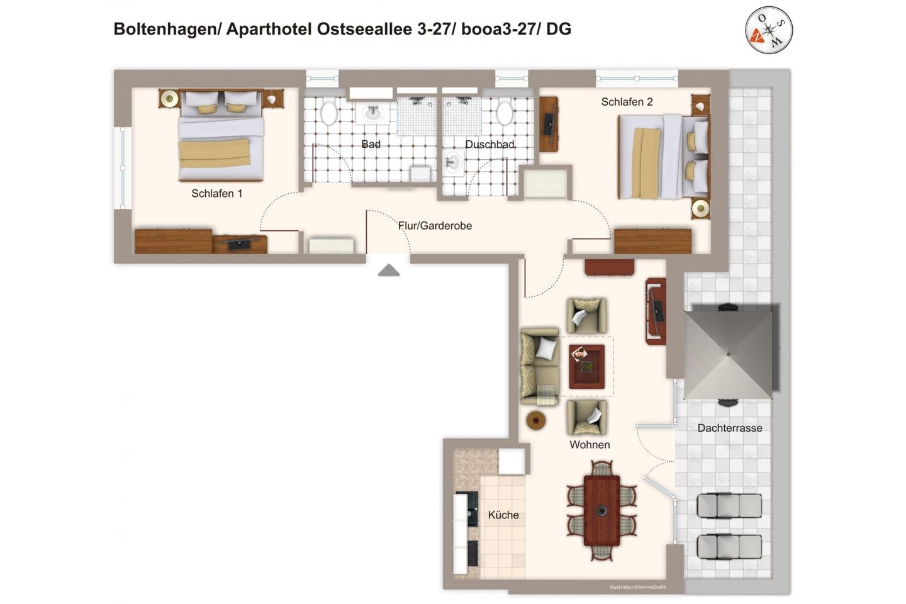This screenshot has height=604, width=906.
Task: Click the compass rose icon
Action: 769,30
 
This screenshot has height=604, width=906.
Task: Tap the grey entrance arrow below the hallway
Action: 389,271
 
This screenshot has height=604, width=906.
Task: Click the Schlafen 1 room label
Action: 216,194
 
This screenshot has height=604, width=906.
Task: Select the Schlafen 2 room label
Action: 627,102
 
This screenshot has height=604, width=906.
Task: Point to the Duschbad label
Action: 489,145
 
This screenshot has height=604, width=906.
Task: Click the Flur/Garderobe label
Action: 435,226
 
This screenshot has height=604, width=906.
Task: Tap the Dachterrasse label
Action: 730,428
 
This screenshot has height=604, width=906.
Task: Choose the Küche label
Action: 503,515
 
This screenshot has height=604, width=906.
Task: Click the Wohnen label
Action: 590,445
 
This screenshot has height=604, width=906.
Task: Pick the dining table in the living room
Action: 601,510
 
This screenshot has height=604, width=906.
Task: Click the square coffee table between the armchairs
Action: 586,366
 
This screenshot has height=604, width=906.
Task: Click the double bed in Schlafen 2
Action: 663,156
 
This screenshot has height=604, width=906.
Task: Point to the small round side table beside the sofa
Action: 536,420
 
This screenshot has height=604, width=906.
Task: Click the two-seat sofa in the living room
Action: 539,366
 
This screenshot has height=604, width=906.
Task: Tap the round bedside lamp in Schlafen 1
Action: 169,98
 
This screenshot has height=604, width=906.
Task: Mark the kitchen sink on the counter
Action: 471,515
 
